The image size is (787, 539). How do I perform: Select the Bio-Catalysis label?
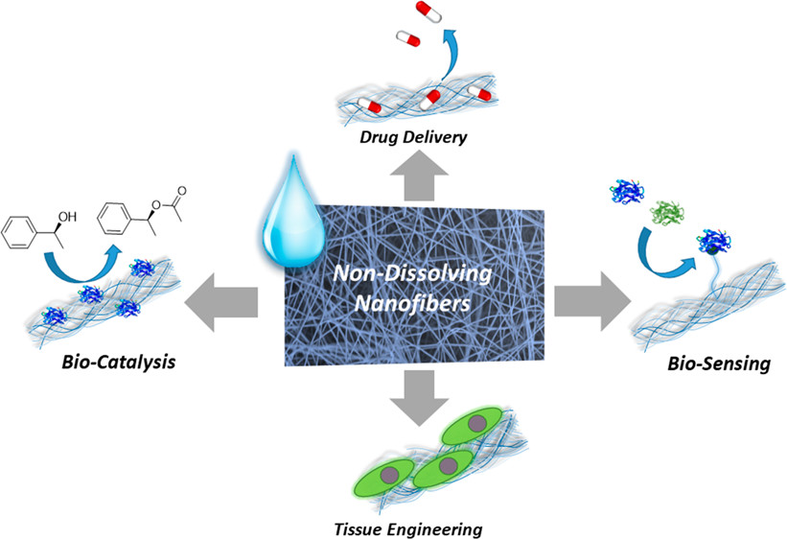113,366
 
